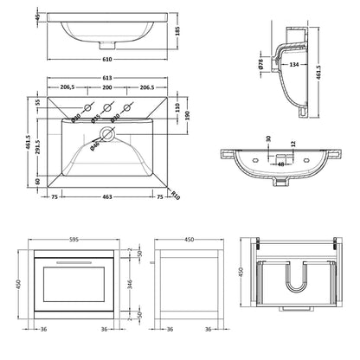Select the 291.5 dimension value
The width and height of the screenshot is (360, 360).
37,137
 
